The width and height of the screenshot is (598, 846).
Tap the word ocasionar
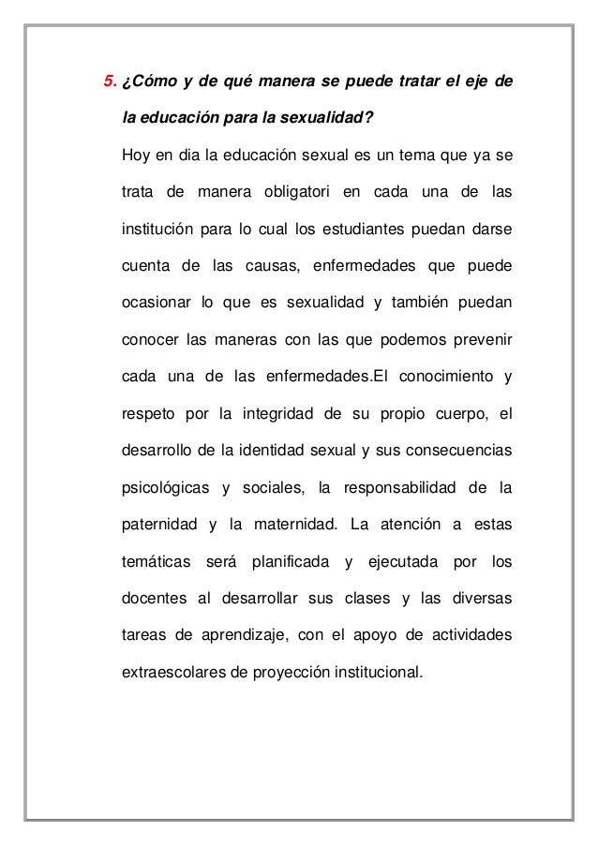155,304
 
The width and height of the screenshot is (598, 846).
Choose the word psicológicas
165,488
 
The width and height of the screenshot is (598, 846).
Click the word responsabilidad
406,488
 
